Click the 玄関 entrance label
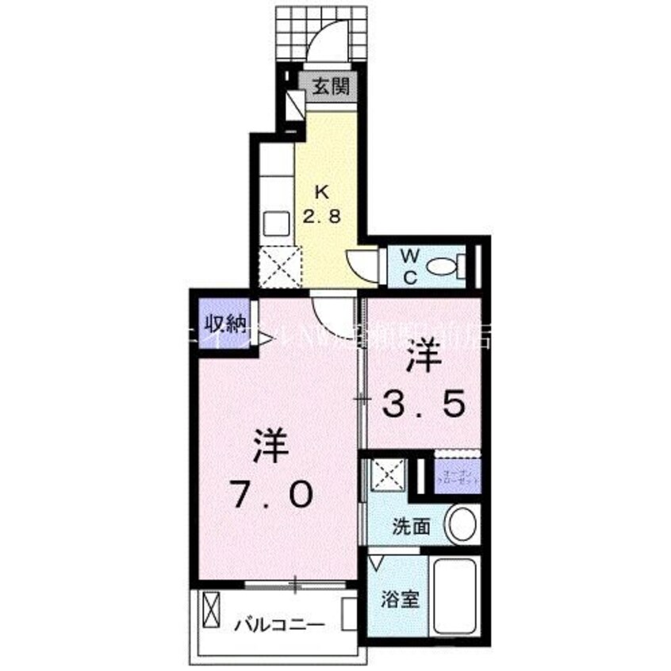click(329, 88)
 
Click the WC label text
click(410, 266)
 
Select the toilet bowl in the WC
click(443, 267)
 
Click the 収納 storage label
click(224, 324)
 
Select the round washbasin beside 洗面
click(462, 524)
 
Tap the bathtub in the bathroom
click(455, 594)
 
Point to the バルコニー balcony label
click(279, 625)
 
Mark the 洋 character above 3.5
click(424, 358)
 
